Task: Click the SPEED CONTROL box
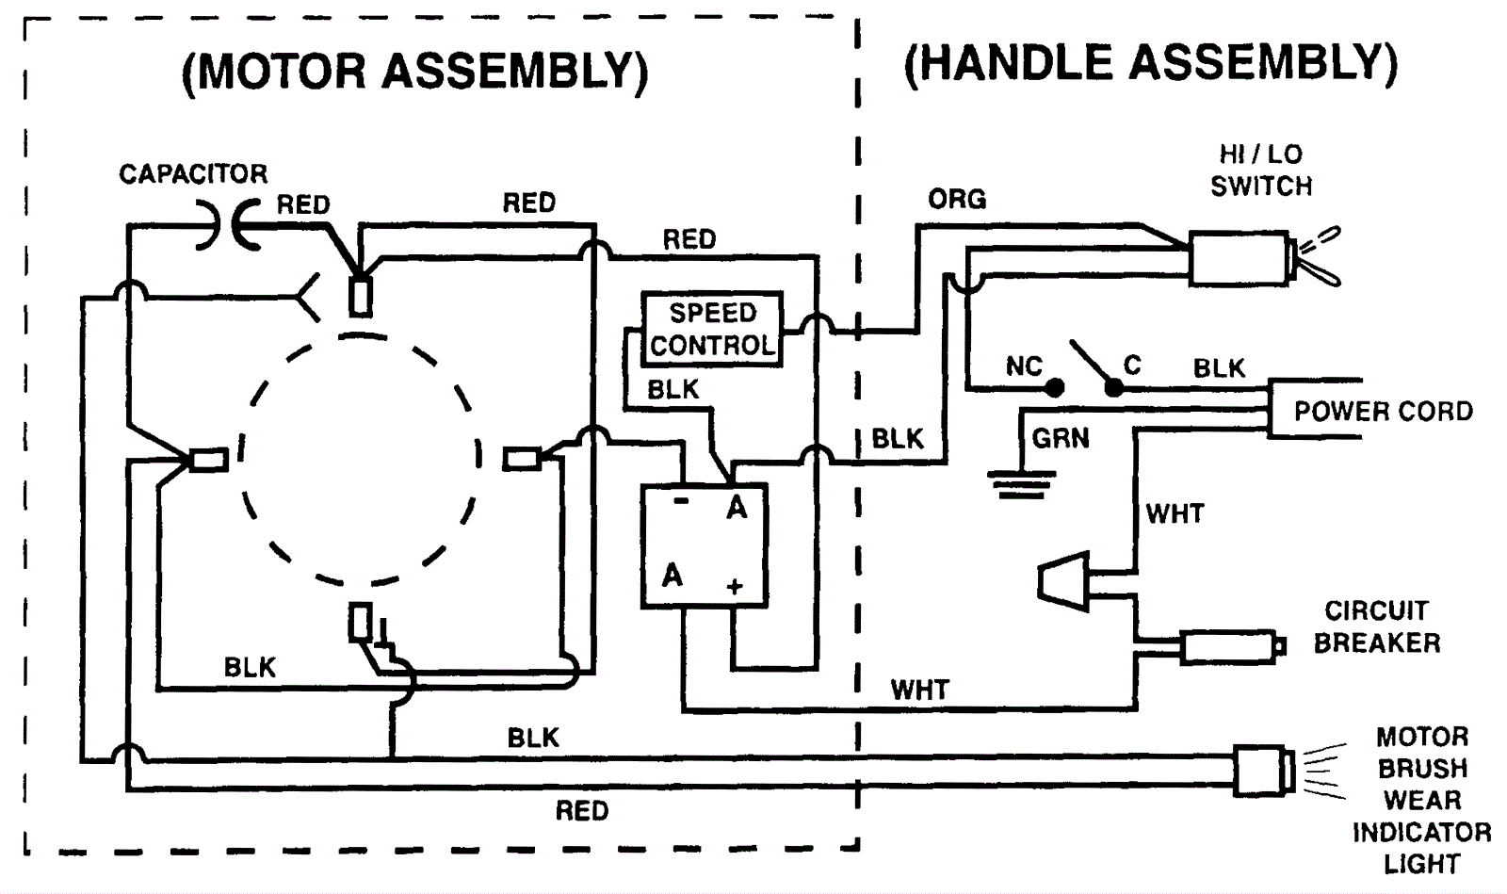tap(712, 329)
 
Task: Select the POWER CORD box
tap(1382, 411)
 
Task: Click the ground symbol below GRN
tap(1020, 483)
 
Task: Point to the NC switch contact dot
tap(1056, 387)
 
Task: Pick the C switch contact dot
tap(1113, 387)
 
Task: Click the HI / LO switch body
tap(1238, 258)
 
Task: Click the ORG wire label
tap(957, 200)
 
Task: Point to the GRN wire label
tap(1061, 438)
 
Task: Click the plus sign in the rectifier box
tap(735, 587)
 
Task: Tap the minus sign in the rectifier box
tap(682, 501)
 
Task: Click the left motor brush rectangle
tap(208, 460)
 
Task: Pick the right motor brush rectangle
tap(521, 459)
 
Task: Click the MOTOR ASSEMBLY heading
tap(414, 72)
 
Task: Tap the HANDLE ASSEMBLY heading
tap(1150, 64)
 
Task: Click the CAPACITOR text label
tap(193, 174)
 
